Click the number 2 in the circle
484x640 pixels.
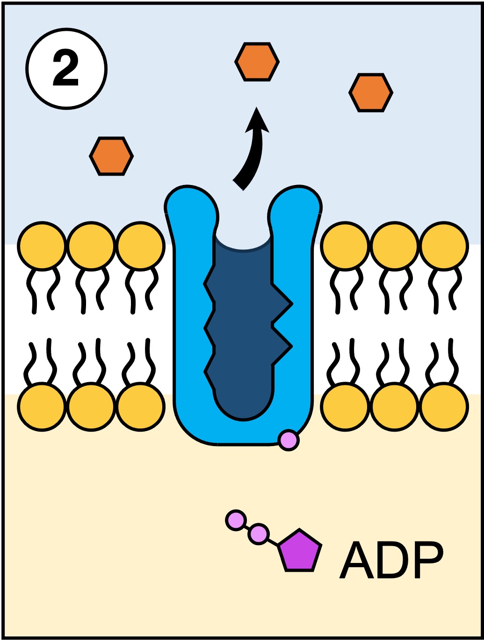coord(66,69)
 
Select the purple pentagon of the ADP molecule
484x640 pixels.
coord(299,551)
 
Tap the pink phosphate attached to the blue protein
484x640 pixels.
coord(288,440)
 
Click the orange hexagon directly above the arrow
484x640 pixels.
coord(257,62)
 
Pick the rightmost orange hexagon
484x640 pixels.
coord(371,92)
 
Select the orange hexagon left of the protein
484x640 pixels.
coord(111,156)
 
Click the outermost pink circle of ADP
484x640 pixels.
coord(236,519)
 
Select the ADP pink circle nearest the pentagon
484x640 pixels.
coord(258,533)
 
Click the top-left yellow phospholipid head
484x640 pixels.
coord(42,246)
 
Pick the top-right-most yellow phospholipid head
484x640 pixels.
coord(443,246)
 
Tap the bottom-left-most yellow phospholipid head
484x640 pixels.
coord(42,406)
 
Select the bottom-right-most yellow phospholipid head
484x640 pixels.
coord(443,406)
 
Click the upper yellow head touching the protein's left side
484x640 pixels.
coord(140,246)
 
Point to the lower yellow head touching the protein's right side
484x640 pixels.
coord(345,406)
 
